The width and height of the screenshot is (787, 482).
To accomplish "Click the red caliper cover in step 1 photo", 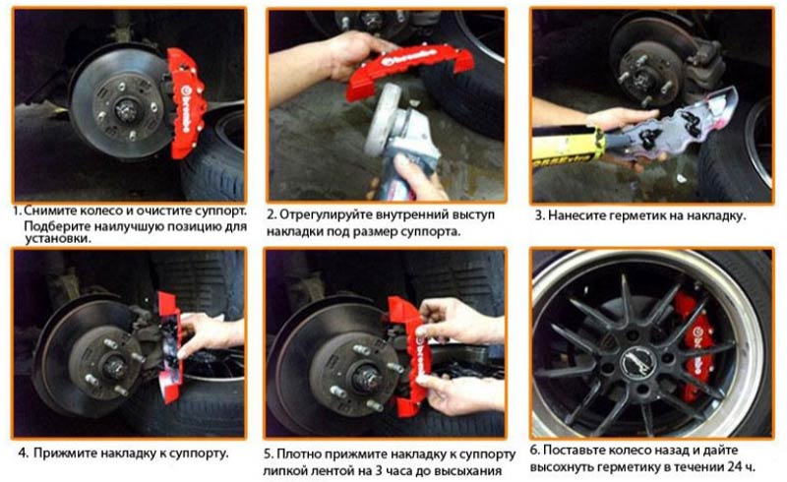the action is pos(185,103).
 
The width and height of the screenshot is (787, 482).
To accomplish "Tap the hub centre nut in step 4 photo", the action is pos(114,367).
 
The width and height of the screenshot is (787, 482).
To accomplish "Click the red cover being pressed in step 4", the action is pos(169,346).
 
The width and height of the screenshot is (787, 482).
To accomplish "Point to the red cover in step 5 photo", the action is pos(409,351).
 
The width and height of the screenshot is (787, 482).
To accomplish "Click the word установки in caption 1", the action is pos(58,238).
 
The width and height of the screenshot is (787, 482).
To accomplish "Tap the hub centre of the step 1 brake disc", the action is pos(126,110).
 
